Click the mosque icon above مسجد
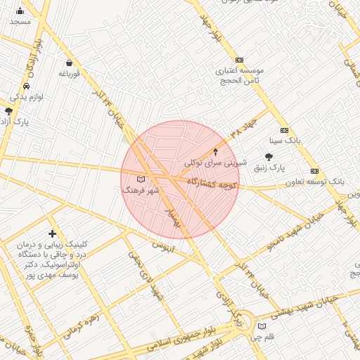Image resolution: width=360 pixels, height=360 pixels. click(20, 11)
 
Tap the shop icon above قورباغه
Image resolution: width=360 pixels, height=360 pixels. click(68, 63)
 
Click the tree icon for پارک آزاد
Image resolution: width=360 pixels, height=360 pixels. click(8, 111)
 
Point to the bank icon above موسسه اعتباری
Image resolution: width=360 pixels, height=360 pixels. click(239, 60)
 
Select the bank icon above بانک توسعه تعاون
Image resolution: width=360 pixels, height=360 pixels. click(314, 171)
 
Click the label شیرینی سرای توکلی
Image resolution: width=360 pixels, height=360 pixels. click(216, 162)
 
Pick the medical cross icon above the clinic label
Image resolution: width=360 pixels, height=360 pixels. click(53, 233)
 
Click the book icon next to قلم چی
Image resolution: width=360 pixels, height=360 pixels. click(262, 326)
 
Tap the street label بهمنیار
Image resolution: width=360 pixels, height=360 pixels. click(172, 218)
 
